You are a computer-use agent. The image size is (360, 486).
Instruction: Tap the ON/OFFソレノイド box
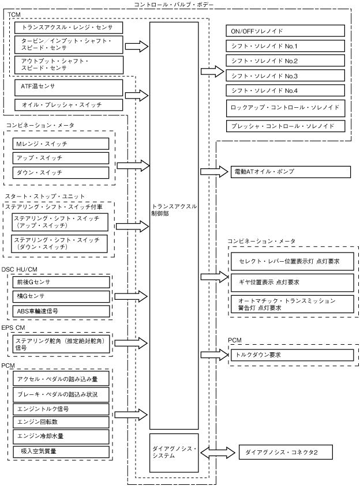[x=286, y=31]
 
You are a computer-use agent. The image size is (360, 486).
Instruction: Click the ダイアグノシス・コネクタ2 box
[x=286, y=453]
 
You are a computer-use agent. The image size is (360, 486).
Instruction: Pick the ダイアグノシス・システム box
[x=174, y=451]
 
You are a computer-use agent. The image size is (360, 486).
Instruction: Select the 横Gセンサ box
[x=61, y=296]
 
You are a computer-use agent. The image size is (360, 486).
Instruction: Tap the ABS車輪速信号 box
[x=61, y=311]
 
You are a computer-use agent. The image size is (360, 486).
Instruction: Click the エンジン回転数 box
[x=61, y=423]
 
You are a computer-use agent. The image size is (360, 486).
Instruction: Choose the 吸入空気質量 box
[x=61, y=451]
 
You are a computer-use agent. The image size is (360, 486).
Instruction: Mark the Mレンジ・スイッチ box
[x=61, y=143]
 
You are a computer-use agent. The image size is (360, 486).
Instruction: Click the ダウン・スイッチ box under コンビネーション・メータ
[x=61, y=172]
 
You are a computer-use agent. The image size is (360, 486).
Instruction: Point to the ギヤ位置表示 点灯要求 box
[x=292, y=282]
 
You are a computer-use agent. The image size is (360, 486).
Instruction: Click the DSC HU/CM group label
[x=18, y=270]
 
